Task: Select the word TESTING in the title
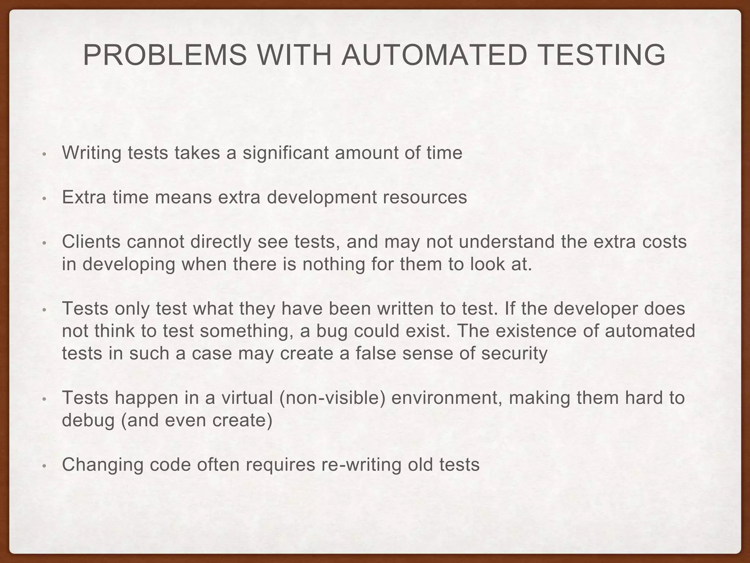point(601,55)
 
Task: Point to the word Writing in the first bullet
point(92,153)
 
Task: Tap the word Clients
point(91,242)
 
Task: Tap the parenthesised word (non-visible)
point(333,398)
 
